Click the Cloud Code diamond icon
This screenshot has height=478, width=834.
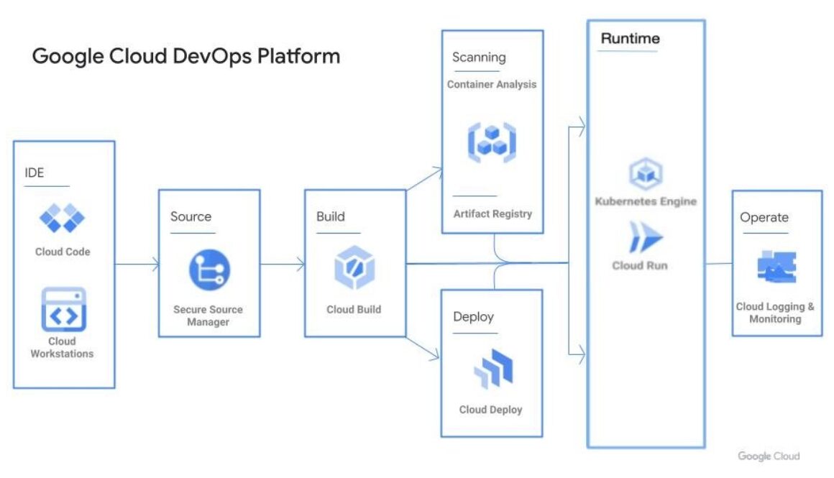click(x=62, y=218)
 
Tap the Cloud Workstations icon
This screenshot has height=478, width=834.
click(x=63, y=308)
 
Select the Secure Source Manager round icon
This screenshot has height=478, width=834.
click(x=208, y=270)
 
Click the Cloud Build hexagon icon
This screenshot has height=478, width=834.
click(x=354, y=267)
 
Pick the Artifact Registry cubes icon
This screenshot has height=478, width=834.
click(x=492, y=142)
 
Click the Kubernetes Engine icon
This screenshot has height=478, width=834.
click(x=645, y=173)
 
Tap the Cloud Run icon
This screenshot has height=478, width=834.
click(x=644, y=237)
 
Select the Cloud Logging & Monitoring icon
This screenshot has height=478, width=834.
click(x=776, y=267)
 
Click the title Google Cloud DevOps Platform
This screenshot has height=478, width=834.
click(x=185, y=56)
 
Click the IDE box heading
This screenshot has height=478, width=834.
click(x=34, y=173)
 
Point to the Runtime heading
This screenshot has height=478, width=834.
click(x=630, y=39)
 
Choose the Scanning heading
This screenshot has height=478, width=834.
click(x=478, y=58)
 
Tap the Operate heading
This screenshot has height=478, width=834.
click(x=764, y=217)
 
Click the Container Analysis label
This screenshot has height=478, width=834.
click(x=492, y=84)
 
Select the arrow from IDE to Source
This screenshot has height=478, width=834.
click(x=137, y=265)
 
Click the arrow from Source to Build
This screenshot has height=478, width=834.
click(x=282, y=265)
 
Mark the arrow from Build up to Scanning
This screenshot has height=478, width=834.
click(x=424, y=180)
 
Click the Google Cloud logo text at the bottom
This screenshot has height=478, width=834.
click(x=768, y=456)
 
